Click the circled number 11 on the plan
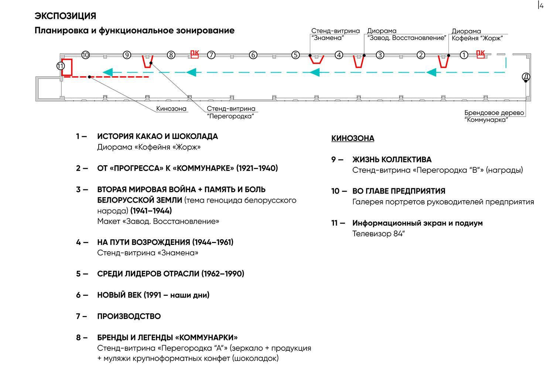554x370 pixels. [61, 66]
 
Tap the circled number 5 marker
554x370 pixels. [295, 55]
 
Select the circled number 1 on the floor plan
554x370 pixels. [464, 55]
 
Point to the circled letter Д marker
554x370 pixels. [526, 77]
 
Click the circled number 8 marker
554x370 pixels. [171, 55]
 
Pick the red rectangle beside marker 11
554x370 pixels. [67, 67]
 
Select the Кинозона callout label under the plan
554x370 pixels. [171, 108]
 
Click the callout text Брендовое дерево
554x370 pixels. [494, 113]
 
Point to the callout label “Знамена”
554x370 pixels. [328, 38]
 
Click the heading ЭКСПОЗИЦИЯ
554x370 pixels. [65, 16]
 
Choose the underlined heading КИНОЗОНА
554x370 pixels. [353, 138]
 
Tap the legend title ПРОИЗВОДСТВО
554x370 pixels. [129, 316]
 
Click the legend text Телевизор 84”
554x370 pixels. [379, 234]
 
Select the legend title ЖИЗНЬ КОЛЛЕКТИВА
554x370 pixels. [392, 159]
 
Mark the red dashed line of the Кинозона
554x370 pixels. [106, 77]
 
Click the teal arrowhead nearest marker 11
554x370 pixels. [107, 73]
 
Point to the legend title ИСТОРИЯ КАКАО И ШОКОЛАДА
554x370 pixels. [158, 136]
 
